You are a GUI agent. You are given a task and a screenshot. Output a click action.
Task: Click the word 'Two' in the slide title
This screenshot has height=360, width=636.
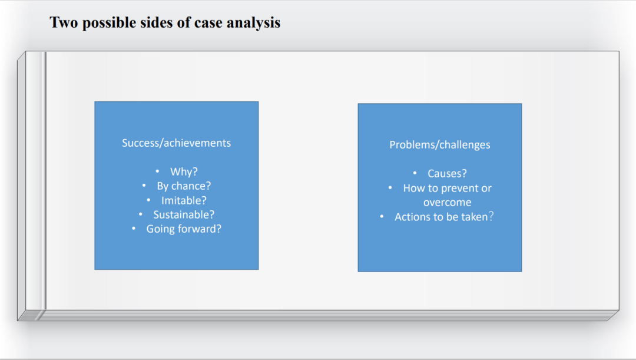[64, 22]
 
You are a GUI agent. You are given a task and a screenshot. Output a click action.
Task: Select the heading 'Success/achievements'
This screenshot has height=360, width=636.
[177, 143]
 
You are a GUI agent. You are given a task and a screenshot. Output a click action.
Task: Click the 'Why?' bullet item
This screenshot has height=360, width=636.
[184, 171]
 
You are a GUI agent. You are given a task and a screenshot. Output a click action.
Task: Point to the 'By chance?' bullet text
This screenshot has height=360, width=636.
[184, 186]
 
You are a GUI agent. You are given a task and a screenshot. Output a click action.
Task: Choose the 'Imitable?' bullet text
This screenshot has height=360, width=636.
[184, 200]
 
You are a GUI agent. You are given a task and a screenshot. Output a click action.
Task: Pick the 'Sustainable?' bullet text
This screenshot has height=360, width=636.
[184, 214]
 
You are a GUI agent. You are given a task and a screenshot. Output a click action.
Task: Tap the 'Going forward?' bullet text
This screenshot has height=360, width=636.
[184, 229]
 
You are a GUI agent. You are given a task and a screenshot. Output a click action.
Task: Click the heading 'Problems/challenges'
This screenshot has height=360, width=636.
[440, 145]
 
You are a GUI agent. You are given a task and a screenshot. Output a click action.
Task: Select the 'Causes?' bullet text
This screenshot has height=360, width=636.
[447, 174]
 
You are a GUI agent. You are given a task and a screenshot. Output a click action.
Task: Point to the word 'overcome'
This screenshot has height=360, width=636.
[448, 203]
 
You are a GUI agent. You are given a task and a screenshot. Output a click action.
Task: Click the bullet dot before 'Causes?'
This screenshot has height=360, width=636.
[415, 173]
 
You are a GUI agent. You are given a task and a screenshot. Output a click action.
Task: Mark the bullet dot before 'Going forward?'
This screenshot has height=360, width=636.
[134, 229]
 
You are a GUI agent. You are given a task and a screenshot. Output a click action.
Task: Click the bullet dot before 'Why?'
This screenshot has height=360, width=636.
[157, 171]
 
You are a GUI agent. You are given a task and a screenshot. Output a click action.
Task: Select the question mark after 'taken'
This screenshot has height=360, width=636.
[491, 216]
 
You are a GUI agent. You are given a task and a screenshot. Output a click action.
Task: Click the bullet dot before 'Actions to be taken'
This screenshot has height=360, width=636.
[382, 216]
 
